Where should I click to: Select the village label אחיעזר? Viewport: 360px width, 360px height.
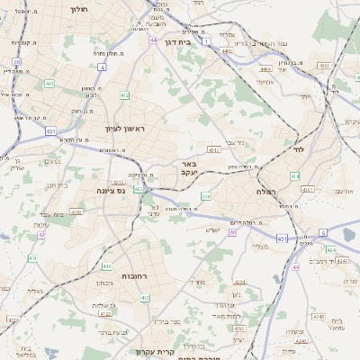pyautogui.click(x=264, y=82)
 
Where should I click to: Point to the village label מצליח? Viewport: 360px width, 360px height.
pyautogui.click(x=260, y=246)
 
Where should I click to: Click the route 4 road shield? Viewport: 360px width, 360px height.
pyautogui.click(x=103, y=67)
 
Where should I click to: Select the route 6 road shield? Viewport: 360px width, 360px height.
pyautogui.click(x=321, y=232)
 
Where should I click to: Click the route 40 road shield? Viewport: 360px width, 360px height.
pyautogui.click(x=232, y=232)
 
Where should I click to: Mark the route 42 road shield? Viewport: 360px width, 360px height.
pyautogui.click(x=41, y=236)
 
